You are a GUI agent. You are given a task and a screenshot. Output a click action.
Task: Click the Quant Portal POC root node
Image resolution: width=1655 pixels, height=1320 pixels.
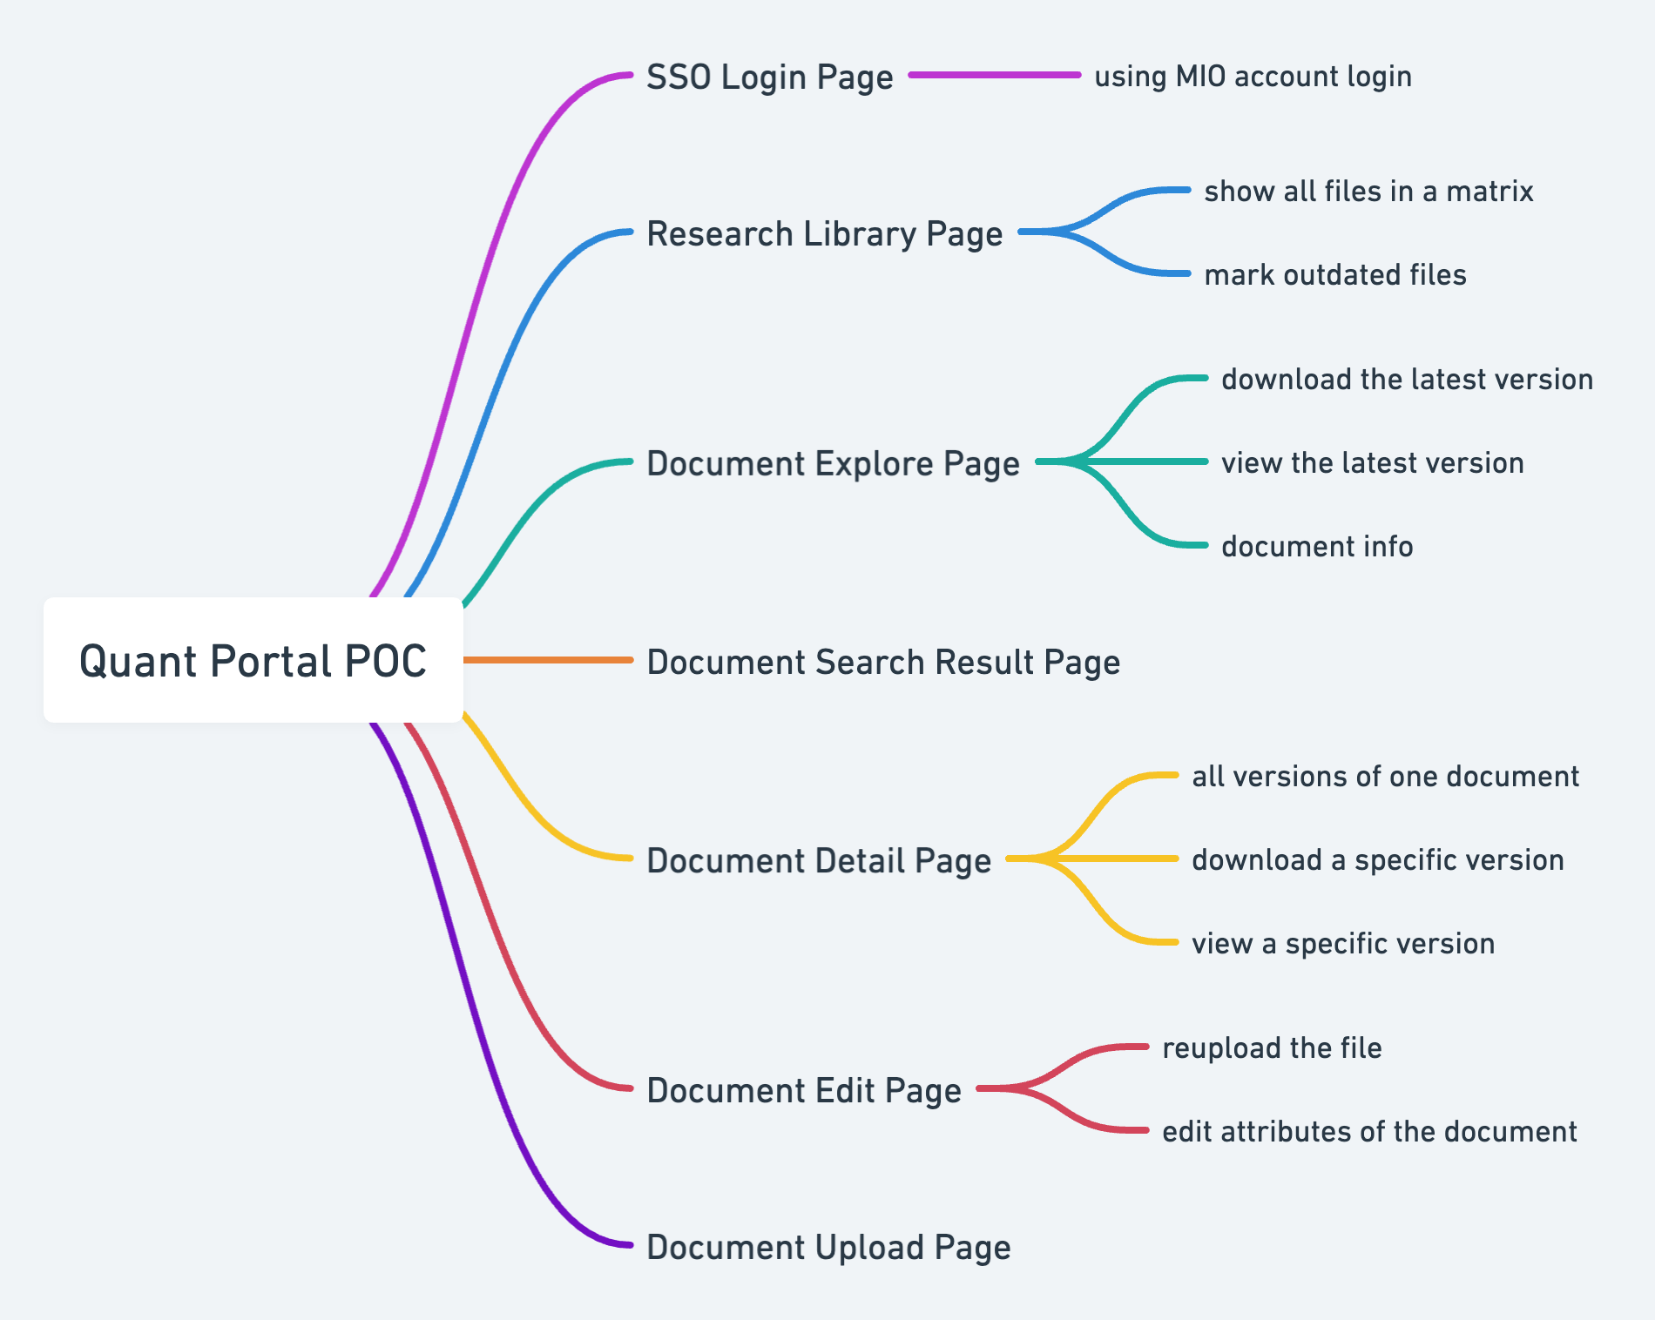253,660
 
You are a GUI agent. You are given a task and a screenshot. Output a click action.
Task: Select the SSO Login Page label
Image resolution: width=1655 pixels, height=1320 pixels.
770,77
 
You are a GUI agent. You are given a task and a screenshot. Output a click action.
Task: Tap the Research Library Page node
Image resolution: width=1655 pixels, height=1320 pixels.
825,234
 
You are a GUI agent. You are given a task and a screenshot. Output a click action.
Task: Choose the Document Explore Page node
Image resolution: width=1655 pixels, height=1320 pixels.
833,464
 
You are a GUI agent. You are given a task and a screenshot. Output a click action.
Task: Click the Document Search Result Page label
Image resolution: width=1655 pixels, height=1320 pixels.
883,663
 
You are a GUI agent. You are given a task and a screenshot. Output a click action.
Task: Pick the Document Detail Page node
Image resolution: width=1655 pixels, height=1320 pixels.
819,861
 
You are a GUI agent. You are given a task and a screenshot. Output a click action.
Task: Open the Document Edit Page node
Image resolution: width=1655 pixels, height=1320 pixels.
804,1091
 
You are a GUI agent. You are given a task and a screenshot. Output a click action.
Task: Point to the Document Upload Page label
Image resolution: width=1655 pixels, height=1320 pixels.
828,1248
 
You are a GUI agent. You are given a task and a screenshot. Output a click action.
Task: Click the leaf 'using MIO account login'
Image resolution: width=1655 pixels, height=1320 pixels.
1253,77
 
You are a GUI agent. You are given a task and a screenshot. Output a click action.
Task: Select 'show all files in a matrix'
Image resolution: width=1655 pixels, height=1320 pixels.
1368,192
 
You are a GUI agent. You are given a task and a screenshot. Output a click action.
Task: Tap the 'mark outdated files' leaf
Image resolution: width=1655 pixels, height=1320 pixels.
1335,275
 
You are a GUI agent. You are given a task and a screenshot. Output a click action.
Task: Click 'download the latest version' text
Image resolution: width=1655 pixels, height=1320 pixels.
1408,380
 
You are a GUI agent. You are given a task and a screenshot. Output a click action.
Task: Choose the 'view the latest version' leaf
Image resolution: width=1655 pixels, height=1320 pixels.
1373,463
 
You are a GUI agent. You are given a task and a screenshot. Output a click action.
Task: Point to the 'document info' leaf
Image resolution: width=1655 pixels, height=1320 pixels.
1317,547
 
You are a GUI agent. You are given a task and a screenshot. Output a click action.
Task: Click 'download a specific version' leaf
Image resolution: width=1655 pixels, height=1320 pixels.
1378,860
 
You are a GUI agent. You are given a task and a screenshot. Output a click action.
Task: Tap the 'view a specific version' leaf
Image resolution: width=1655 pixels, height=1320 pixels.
1343,944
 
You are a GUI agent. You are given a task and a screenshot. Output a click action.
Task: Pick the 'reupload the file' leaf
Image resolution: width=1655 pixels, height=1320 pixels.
1272,1048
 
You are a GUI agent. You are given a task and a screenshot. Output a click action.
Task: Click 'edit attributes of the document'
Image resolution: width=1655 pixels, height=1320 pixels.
1369,1132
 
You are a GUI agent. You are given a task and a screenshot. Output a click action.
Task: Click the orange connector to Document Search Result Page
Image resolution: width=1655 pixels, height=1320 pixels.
548,660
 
